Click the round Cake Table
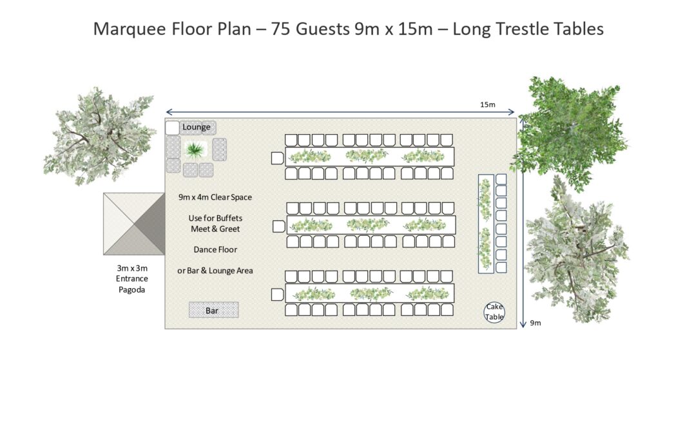[x=494, y=312]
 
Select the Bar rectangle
[x=213, y=311]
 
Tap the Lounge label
[x=197, y=127]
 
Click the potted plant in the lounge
[x=195, y=150]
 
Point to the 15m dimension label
[x=487, y=105]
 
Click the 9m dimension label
[x=535, y=324]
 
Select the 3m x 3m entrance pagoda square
[x=133, y=224]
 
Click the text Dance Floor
[x=215, y=249]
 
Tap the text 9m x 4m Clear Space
[x=215, y=197]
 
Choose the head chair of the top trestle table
[x=277, y=157]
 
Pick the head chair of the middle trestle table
[x=278, y=226]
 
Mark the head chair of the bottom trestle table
[x=277, y=295]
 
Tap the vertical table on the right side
[x=485, y=223]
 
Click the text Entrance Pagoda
[x=132, y=284]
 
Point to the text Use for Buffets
[x=215, y=218]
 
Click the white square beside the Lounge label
[x=172, y=128]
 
